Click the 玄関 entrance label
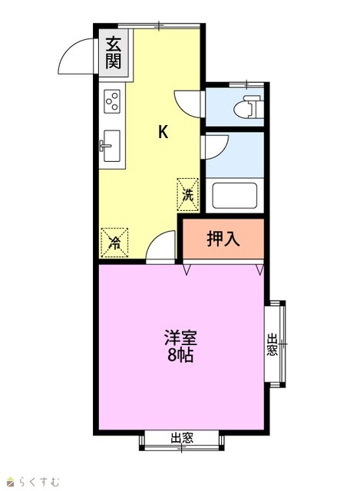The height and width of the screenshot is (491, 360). [113, 53]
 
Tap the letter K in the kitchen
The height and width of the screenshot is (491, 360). [163, 131]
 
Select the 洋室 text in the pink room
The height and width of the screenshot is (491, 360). [181, 338]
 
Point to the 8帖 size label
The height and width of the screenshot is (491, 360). [180, 355]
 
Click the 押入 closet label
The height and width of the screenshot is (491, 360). [223, 239]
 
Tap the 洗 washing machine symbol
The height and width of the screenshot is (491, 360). [188, 194]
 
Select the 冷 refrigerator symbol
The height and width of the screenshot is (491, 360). [114, 242]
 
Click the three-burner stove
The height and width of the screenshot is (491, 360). [112, 101]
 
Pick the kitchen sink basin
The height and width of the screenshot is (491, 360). [112, 146]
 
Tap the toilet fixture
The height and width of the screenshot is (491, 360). [248, 107]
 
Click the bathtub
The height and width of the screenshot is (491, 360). [235, 196]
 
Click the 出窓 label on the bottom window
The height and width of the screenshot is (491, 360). [182, 438]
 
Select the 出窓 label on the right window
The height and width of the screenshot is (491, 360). [272, 344]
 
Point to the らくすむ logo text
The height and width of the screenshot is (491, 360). [39, 481]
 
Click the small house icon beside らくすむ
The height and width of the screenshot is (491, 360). [11, 481]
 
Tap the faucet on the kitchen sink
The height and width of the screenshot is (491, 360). [104, 146]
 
